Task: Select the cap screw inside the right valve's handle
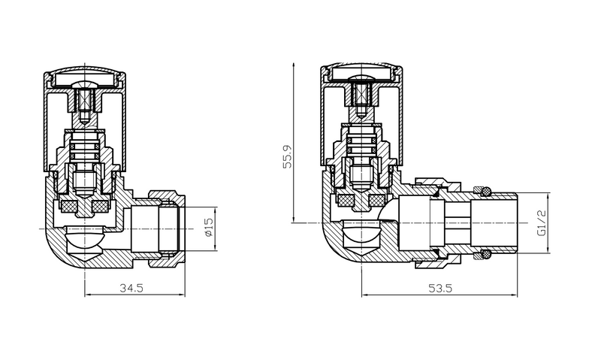(361, 97)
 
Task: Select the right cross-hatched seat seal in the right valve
(375, 201)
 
